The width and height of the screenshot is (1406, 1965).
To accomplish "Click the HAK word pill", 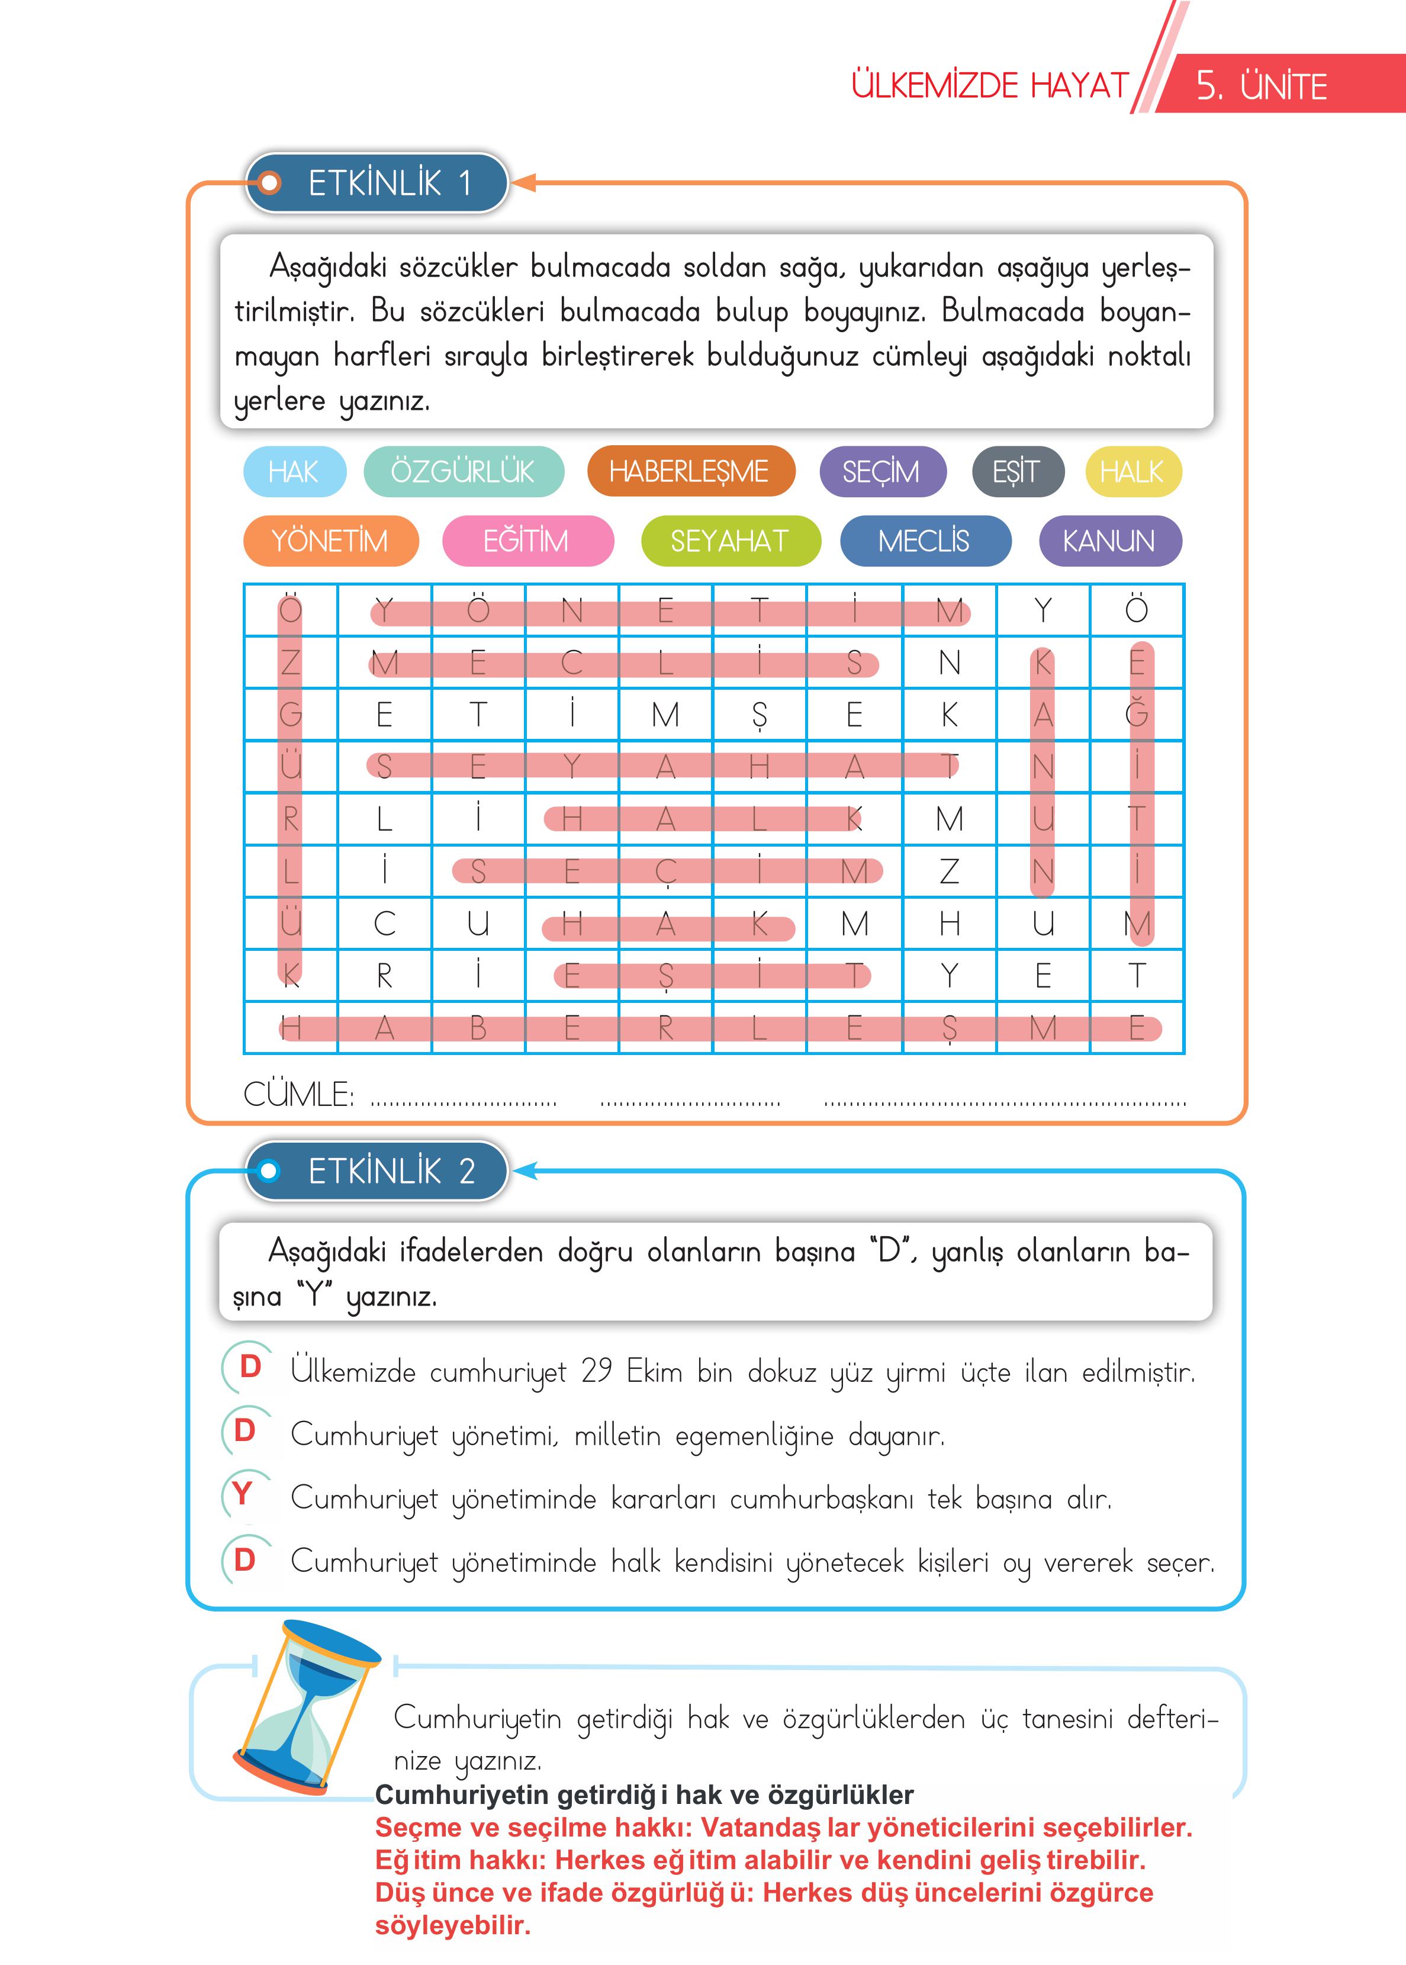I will click(294, 472).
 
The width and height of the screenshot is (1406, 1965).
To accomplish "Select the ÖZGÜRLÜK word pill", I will click(463, 472).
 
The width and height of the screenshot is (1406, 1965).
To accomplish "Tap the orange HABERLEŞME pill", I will click(690, 472).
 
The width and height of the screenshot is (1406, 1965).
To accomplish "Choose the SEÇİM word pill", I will click(881, 472).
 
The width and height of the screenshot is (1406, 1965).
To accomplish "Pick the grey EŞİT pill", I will click(1017, 472).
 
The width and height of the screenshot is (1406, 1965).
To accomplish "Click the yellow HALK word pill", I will click(1132, 472).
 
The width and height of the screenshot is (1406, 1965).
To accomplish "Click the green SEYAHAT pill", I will click(730, 541).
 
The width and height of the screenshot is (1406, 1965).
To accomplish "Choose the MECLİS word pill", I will click(925, 541).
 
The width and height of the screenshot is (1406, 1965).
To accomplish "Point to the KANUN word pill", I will click(1109, 541).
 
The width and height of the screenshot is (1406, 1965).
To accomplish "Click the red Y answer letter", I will click(243, 1494).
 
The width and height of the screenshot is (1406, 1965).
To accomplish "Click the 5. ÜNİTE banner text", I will click(1262, 86).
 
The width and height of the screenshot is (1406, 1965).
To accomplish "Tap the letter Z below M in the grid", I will click(950, 871).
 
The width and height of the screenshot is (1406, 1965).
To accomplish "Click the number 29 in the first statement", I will click(597, 1371).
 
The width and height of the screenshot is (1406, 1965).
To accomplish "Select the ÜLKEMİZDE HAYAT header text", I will click(990, 86).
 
